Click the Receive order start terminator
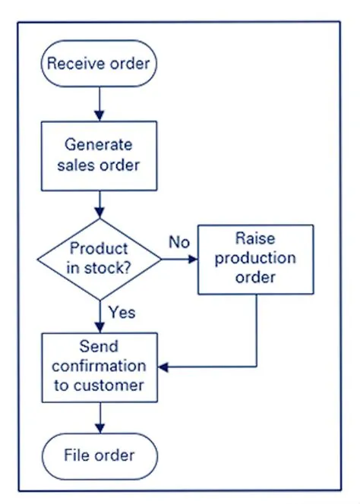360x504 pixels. tap(99, 63)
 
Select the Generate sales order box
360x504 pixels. tap(99, 154)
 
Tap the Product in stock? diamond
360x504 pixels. tap(99, 259)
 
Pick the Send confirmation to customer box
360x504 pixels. tap(99, 367)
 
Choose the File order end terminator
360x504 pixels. tap(99, 455)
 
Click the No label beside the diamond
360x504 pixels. tap(178, 244)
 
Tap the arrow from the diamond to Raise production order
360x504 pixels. tap(179, 259)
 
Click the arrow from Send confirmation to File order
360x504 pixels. tap(99, 418)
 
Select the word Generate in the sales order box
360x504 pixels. tap(98, 144)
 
